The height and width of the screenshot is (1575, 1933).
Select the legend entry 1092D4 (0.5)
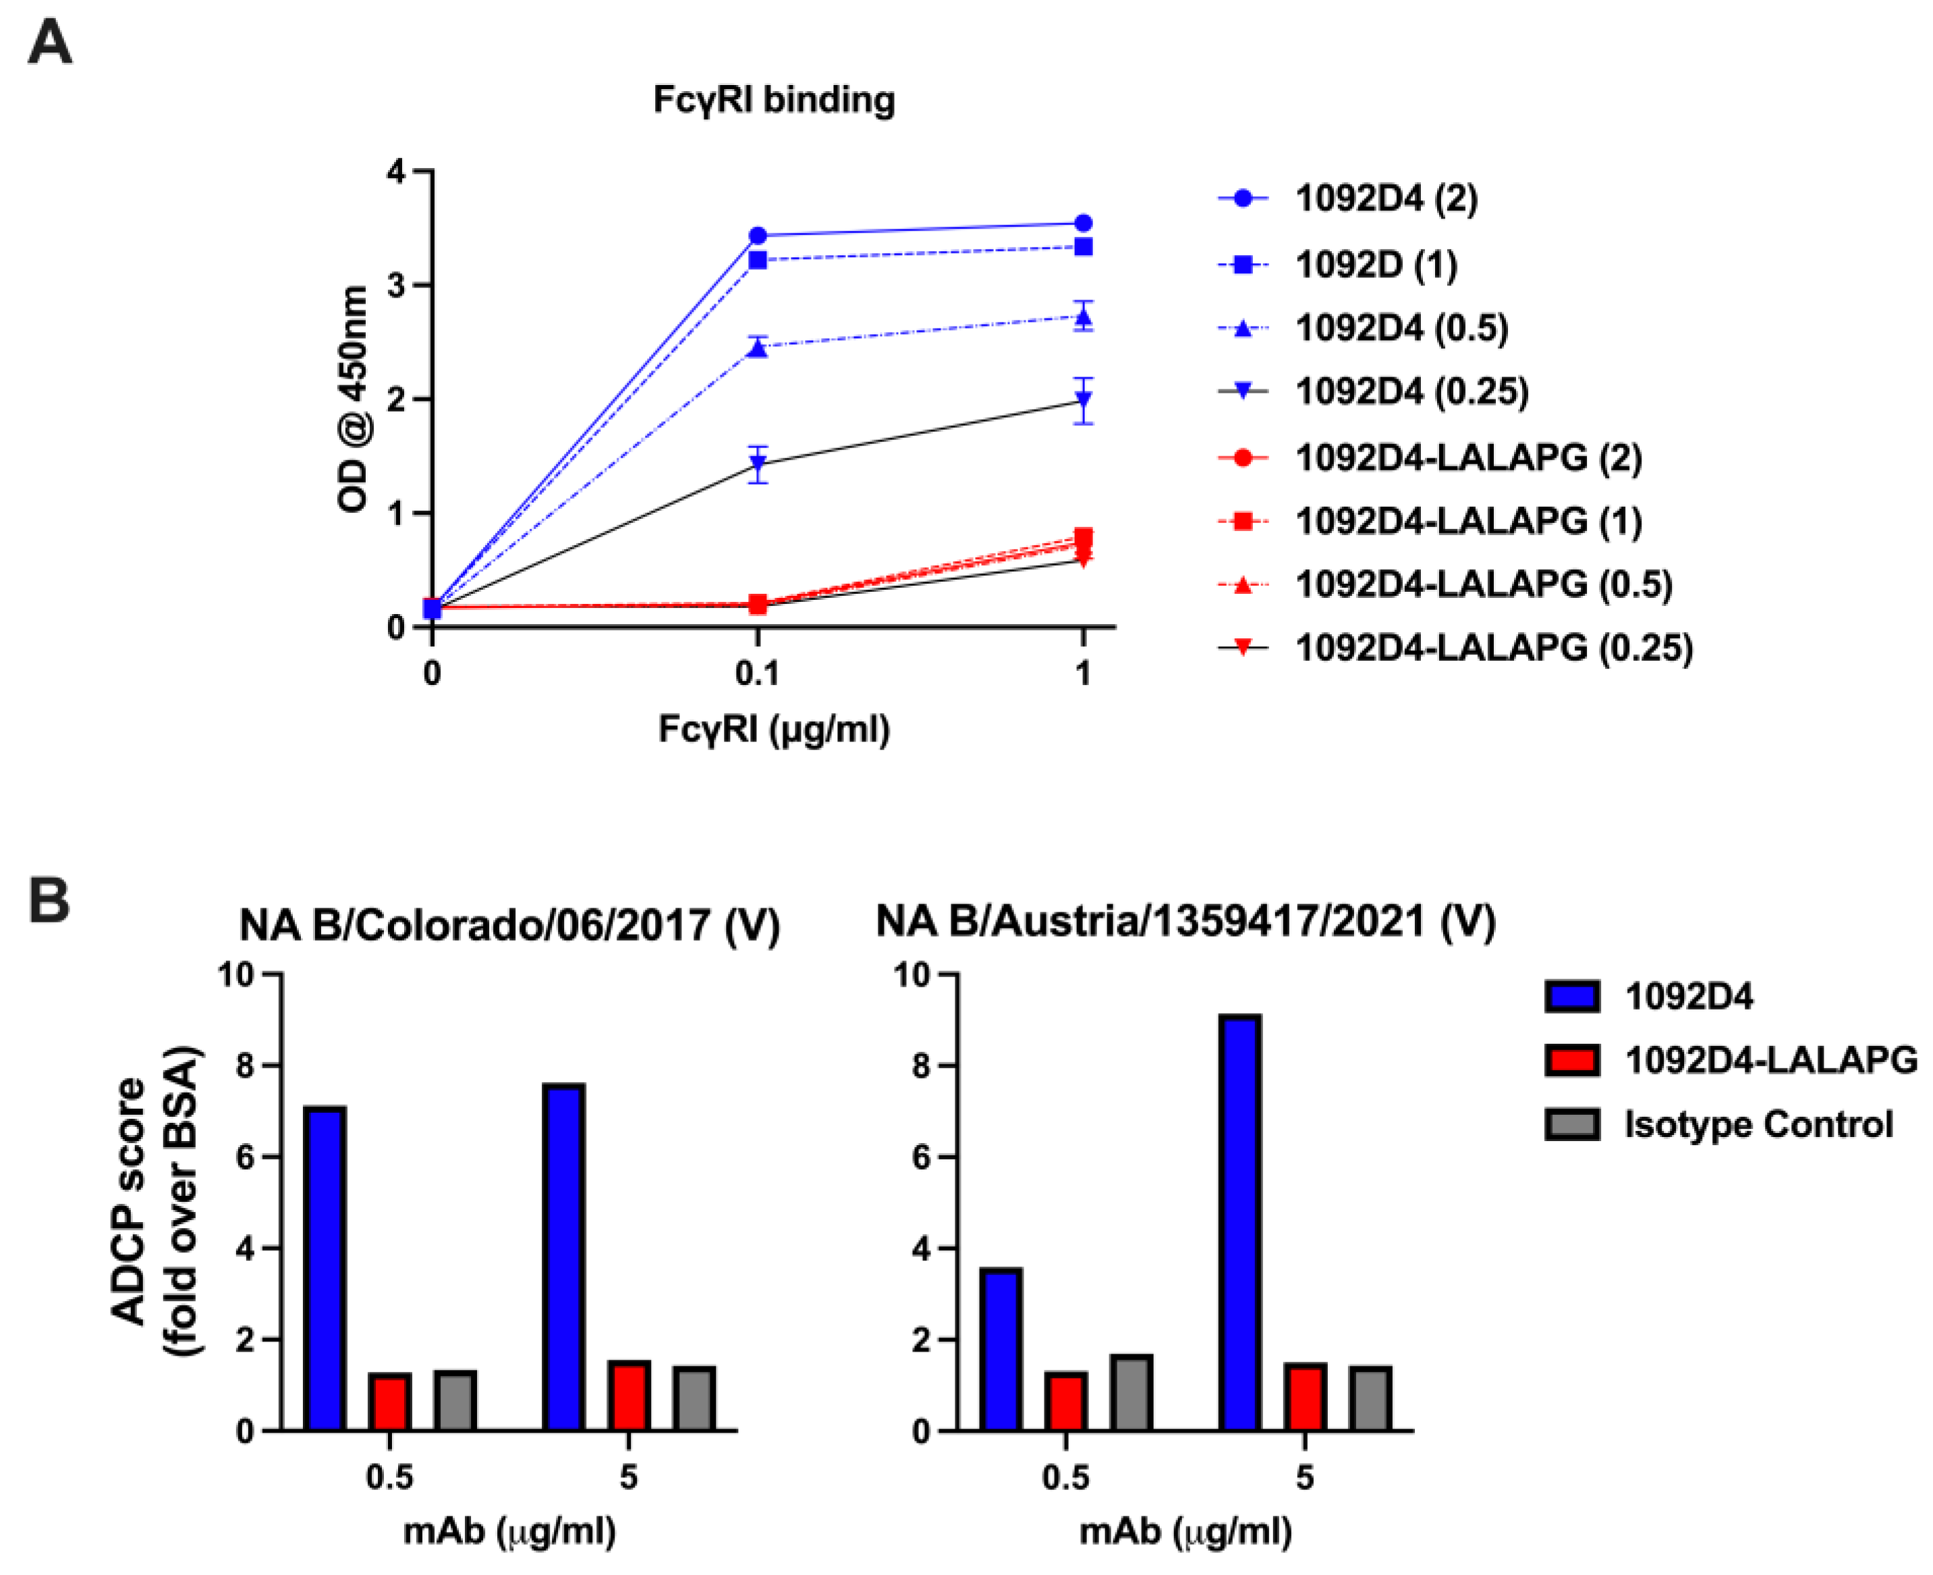coord(1401,329)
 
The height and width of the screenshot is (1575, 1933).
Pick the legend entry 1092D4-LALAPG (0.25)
coord(1492,648)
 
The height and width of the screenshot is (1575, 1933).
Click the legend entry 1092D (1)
coord(1375,265)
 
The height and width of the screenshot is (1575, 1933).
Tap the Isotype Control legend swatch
coord(1571,1124)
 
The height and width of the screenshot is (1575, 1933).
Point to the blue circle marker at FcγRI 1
coord(1082,223)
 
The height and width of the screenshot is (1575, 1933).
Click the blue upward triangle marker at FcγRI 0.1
coord(758,348)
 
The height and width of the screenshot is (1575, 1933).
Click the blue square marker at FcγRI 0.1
coord(758,261)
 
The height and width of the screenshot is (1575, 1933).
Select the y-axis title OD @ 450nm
coord(353,399)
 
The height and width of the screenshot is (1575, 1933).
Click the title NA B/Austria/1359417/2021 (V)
coord(1185,922)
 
